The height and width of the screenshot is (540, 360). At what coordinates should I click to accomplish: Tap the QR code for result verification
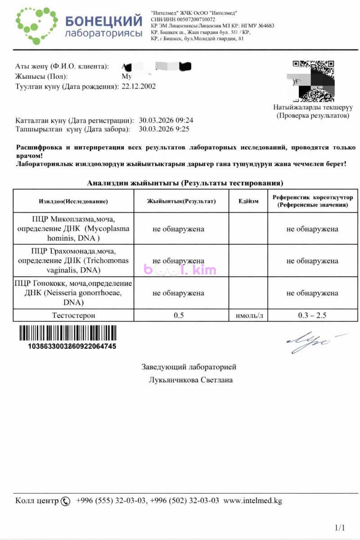point(313,81)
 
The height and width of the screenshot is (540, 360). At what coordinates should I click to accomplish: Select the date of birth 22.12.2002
point(139,86)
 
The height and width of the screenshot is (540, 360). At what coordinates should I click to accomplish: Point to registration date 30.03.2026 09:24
point(166,121)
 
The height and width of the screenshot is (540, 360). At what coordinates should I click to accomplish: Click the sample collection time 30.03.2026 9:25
point(164,129)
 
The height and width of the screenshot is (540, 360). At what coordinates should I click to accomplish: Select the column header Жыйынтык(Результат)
point(181,201)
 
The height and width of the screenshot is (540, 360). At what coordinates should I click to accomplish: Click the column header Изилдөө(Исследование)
point(73,201)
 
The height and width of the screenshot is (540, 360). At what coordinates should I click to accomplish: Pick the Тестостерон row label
point(73,315)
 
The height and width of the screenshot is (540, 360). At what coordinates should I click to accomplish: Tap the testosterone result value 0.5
point(179,315)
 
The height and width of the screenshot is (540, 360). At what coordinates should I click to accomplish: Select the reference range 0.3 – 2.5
point(312,315)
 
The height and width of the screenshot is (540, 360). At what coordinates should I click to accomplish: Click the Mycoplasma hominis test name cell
point(73,229)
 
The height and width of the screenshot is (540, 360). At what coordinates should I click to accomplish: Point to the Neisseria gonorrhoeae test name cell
point(73,293)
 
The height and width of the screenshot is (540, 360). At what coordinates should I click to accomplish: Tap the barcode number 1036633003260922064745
point(72,346)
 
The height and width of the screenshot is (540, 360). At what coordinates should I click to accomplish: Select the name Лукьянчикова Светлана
point(191,380)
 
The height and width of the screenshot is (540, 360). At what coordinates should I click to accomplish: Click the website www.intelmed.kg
point(252,501)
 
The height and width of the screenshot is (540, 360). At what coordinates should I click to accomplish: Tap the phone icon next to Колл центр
point(66,501)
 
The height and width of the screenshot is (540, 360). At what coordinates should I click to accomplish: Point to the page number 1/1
point(340,527)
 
